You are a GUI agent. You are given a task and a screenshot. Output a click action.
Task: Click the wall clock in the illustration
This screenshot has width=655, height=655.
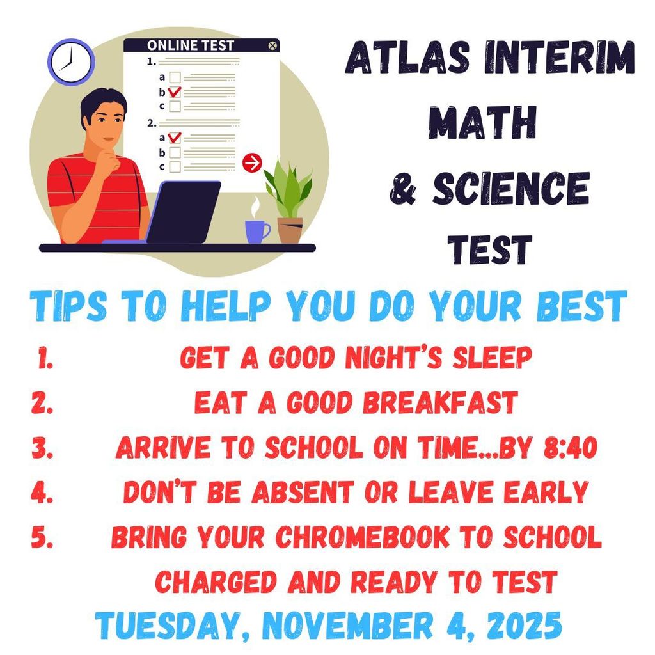(x=71, y=62)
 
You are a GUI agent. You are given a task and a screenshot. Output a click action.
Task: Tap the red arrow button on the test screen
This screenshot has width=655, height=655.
(x=252, y=162)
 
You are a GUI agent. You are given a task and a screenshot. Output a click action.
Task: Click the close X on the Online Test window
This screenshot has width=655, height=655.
(x=272, y=45)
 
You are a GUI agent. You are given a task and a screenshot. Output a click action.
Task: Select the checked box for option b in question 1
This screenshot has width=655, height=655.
(x=175, y=91)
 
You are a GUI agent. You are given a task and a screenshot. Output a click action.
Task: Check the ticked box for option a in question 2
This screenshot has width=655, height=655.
(x=175, y=138)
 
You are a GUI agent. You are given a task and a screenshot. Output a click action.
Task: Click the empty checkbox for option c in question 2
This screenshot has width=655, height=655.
(x=175, y=167)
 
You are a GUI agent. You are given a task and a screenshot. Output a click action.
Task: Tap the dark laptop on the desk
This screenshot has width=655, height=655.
(x=183, y=212)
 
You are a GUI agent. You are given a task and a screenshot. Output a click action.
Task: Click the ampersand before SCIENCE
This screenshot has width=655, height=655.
(x=403, y=189)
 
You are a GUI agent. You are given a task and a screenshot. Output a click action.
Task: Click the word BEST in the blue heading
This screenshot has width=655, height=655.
(x=581, y=306)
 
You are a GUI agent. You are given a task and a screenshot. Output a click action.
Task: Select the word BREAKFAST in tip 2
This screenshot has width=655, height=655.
(x=440, y=402)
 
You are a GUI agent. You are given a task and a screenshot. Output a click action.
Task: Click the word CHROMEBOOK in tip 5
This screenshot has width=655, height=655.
(x=362, y=537)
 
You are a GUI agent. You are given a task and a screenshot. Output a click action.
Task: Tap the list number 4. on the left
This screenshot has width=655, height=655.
(x=42, y=492)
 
